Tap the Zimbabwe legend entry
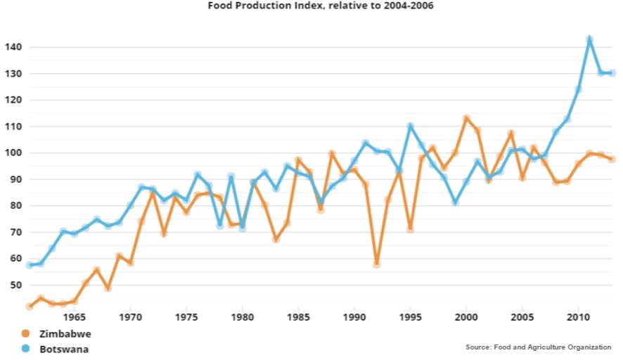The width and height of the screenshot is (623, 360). click(65, 334)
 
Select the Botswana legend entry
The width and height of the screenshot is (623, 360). click(64, 348)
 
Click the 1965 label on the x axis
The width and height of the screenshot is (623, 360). click(75, 316)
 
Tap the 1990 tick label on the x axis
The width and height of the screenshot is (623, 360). click(354, 316)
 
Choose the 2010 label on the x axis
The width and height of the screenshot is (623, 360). click(578, 316)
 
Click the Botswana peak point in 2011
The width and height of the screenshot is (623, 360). click(589, 39)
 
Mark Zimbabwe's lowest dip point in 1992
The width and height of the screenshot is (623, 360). click(377, 264)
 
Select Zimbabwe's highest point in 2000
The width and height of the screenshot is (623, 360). click(466, 118)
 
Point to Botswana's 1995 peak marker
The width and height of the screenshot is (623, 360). click(411, 127)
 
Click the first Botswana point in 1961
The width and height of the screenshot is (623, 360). click(30, 265)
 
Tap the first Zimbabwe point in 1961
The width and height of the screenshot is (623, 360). click(30, 307)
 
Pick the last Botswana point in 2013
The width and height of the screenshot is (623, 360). click(612, 73)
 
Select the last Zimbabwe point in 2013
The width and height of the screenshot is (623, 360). click(612, 159)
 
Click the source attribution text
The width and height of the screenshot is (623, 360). click(538, 347)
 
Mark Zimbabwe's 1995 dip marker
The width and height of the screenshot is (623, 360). click(410, 229)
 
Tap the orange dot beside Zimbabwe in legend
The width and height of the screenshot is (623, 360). click(26, 334)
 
